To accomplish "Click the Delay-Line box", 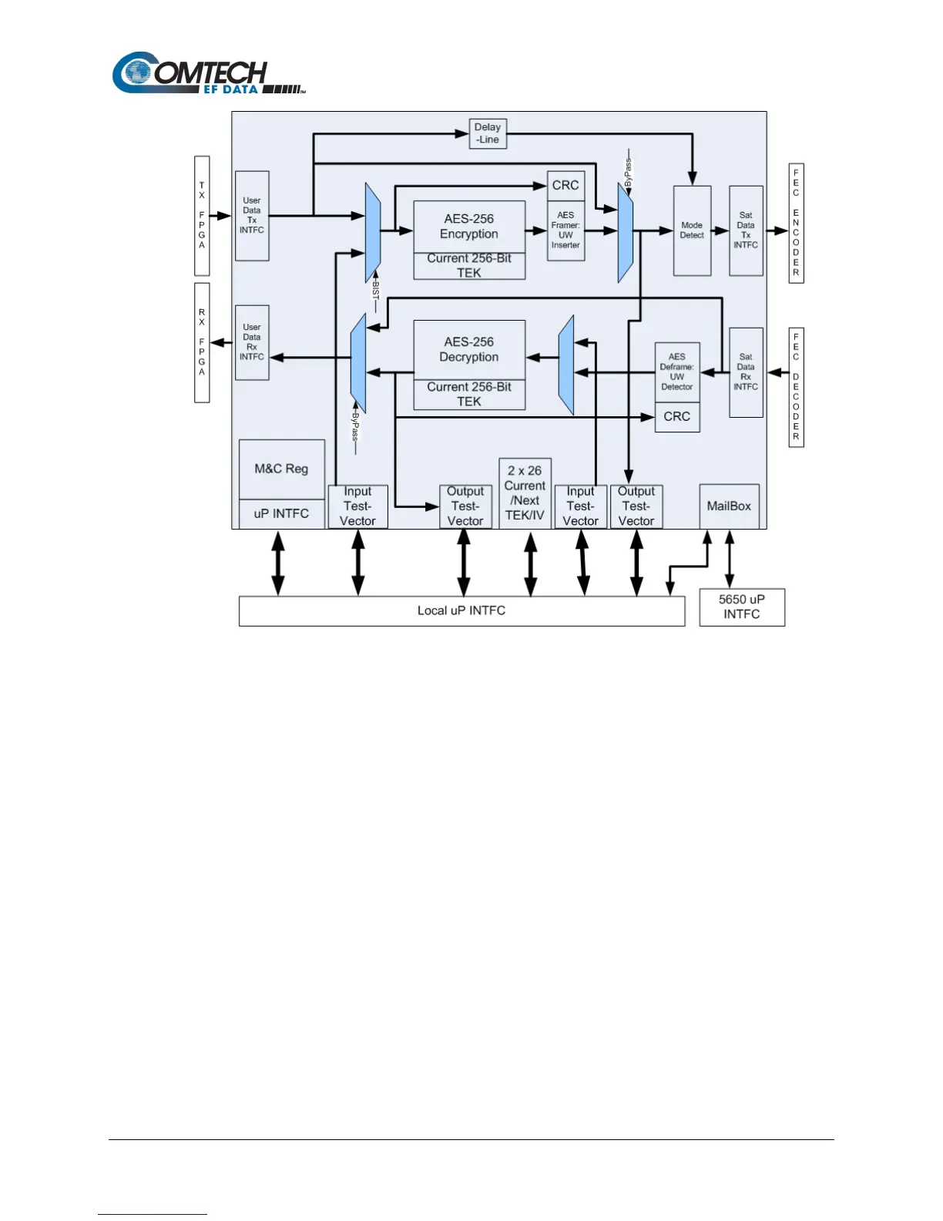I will click(488, 133).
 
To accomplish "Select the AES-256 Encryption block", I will click(469, 227).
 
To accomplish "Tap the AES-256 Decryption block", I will click(469, 349).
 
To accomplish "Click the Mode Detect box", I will click(692, 230).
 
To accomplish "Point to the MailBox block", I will click(729, 506).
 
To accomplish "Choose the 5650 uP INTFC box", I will click(742, 607).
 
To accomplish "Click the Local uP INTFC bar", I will click(461, 610).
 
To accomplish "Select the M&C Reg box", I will click(281, 469).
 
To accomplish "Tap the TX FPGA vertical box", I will click(202, 215).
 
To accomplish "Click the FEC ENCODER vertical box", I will click(796, 223).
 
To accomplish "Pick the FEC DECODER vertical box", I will click(796, 387).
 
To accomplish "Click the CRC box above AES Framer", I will click(565, 186).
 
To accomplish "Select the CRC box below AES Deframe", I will click(677, 417).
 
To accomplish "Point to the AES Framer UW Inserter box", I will click(565, 230).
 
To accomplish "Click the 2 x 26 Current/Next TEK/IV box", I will click(525, 493).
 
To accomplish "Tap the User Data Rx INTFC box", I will click(252, 342).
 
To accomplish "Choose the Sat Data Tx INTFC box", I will click(746, 230).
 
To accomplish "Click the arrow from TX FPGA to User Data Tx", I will click(222, 216).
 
